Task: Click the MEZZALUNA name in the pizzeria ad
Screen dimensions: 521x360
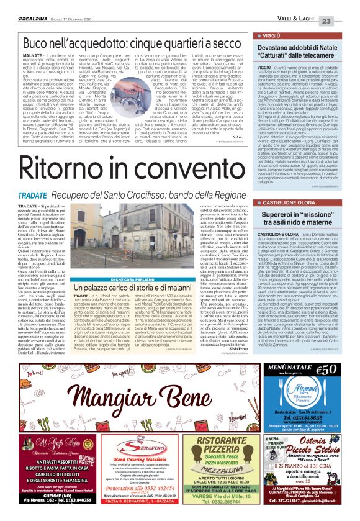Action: tap(225, 471)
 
